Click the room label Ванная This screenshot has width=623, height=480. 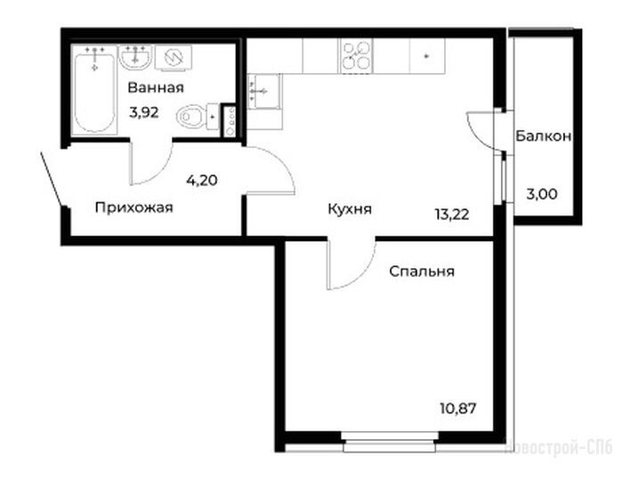point(156,87)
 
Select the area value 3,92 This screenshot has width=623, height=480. point(144,112)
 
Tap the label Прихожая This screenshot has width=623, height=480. point(134,207)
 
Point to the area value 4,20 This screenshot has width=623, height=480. point(202,181)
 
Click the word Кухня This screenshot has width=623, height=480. point(350,208)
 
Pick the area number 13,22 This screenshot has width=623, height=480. point(452,215)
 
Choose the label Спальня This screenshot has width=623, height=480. point(422,272)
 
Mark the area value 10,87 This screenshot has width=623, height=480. point(457,408)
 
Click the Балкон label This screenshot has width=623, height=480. point(544,136)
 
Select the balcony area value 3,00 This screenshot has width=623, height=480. point(542,194)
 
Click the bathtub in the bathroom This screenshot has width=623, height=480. point(94,90)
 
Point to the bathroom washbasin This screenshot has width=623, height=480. point(136,58)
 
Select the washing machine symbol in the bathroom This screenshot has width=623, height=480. point(174,58)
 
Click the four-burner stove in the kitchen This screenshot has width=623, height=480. point(356,56)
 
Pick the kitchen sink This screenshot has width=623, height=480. point(263,92)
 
